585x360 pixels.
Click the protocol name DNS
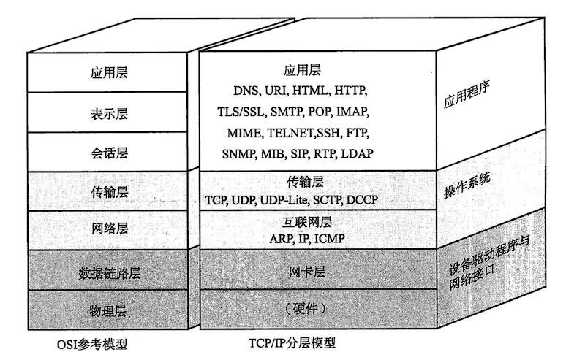247,92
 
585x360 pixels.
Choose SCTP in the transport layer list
328,199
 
